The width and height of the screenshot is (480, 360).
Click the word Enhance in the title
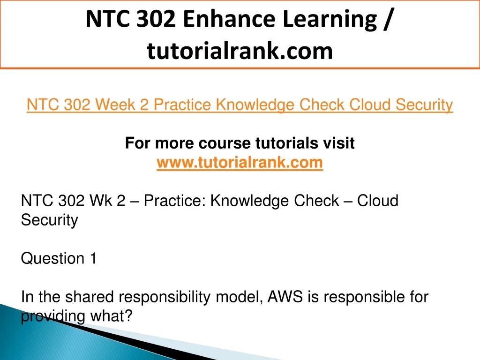click(229, 19)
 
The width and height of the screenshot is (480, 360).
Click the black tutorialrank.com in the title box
click(240, 51)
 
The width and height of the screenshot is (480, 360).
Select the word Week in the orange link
click(115, 105)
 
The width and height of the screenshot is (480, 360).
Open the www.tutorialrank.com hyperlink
click(240, 163)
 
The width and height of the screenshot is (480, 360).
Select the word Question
click(52, 258)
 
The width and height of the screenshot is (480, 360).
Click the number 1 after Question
click(93, 258)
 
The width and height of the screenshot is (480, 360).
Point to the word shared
click(90, 297)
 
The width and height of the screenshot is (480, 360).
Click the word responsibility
click(165, 297)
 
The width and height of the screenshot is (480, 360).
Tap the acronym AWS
click(285, 297)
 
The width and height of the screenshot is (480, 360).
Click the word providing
click(52, 316)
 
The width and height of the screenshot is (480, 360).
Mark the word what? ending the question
click(111, 316)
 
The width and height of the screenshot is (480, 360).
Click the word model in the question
click(239, 297)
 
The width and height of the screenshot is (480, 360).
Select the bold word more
click(174, 143)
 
